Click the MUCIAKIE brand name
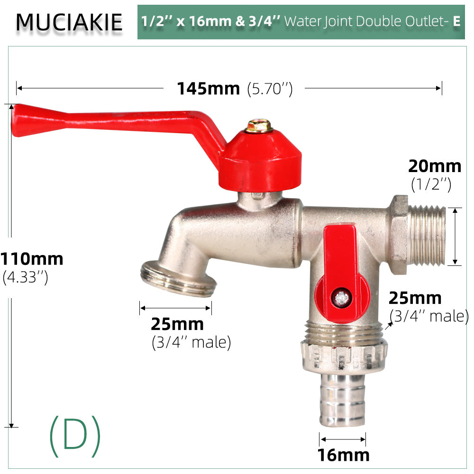[69, 22]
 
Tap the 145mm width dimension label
[208, 89]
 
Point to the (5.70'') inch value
[270, 89]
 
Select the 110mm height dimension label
[32, 259]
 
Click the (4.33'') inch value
[26, 277]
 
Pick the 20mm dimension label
[435, 166]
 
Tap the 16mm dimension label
[343, 455]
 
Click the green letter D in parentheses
[75, 436]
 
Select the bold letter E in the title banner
[456, 21]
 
